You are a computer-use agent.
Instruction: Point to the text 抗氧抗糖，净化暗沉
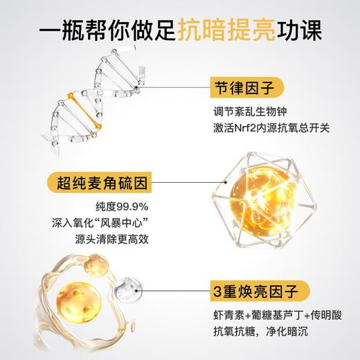270,327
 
